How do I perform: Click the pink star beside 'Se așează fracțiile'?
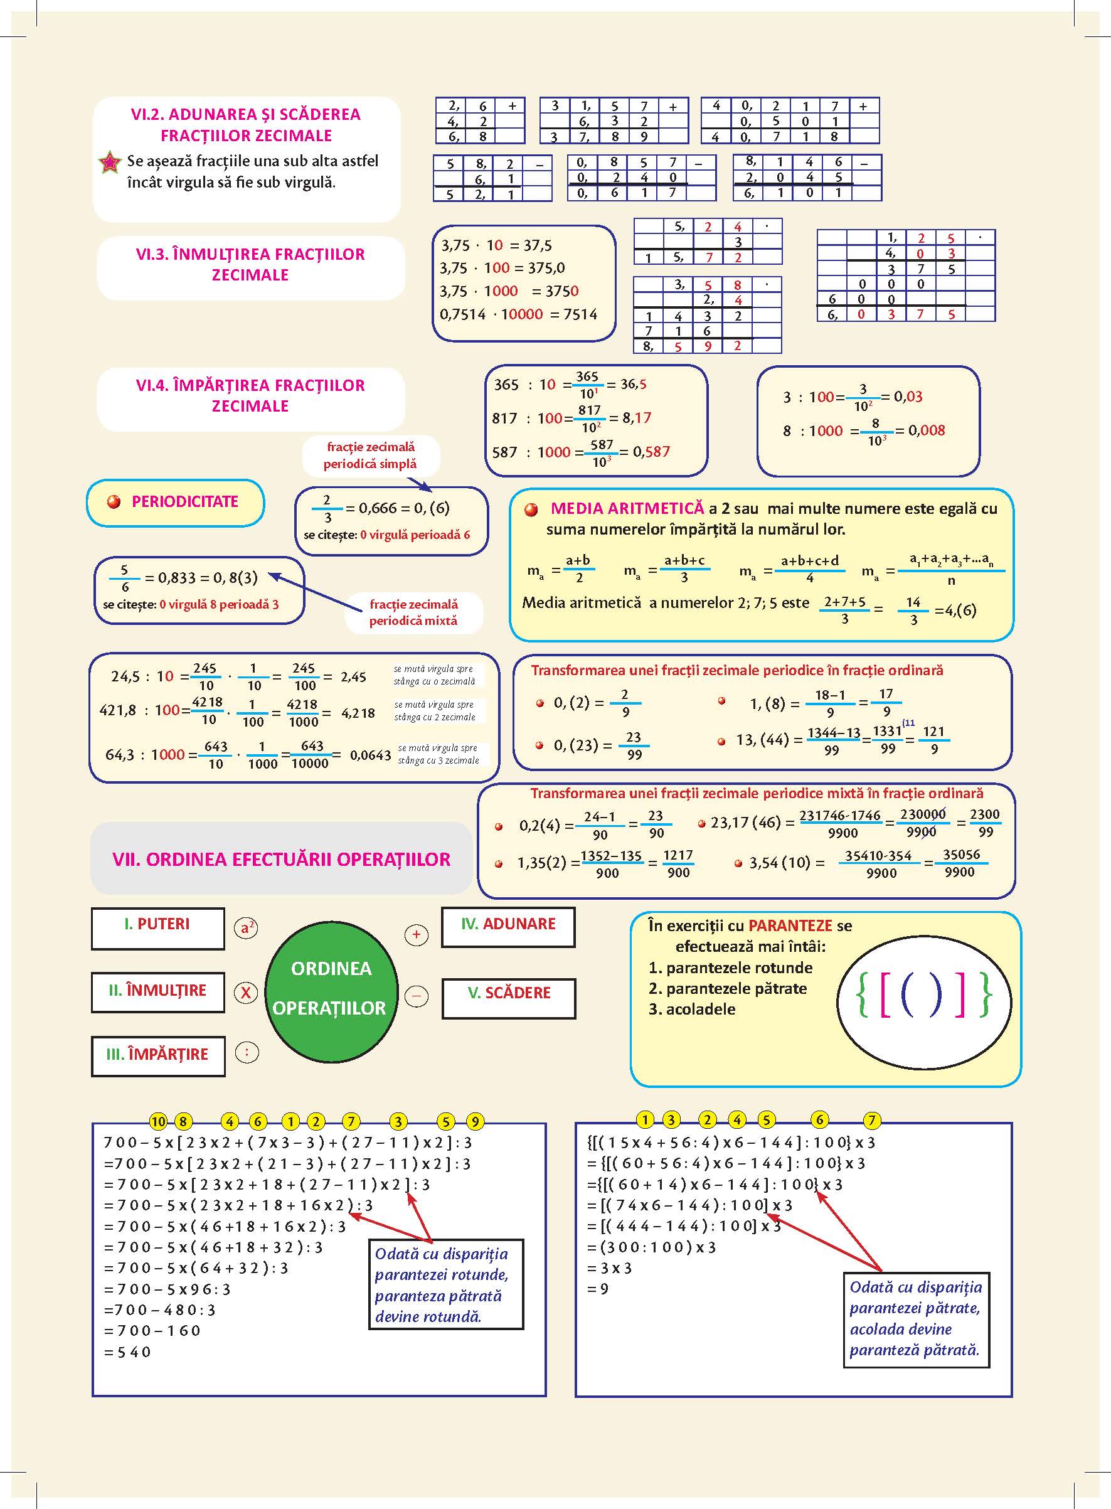[110, 163]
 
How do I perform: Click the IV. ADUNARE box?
[508, 927]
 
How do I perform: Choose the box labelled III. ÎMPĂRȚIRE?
[157, 1055]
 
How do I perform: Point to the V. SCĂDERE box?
[508, 997]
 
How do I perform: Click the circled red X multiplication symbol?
[246, 993]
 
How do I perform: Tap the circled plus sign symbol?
[417, 935]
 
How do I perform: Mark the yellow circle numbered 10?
[158, 1121]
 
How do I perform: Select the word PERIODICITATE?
[185, 502]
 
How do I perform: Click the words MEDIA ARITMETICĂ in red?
[627, 508]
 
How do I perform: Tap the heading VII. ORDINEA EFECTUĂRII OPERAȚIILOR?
[281, 860]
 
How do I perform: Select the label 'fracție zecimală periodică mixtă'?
[413, 612]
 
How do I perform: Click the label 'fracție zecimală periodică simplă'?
[370, 456]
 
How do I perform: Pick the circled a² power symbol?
[247, 928]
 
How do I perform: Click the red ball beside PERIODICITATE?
[114, 502]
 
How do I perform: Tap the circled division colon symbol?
[247, 1052]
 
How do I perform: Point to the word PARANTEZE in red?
[790, 926]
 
